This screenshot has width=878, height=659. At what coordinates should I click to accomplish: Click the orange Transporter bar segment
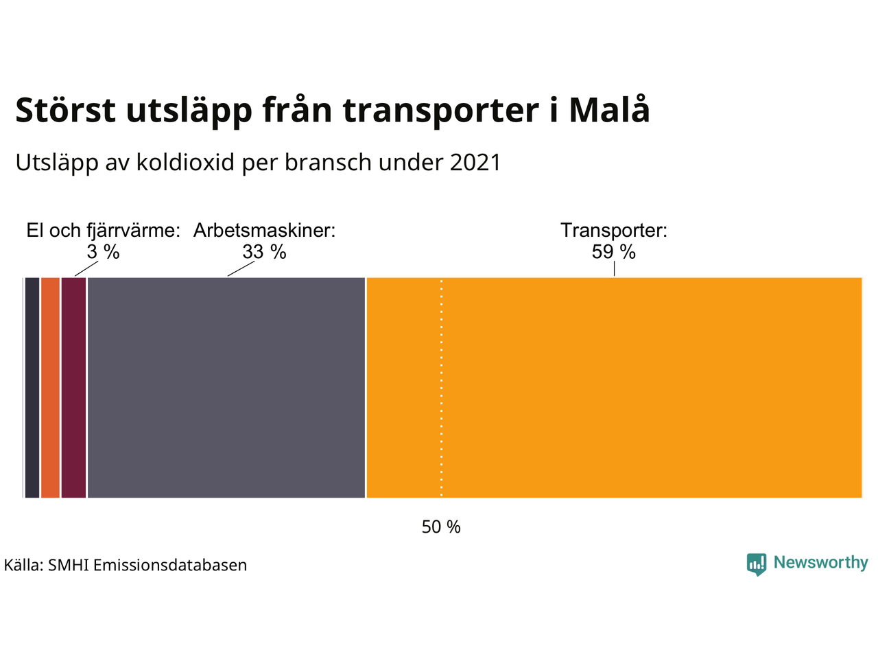tap(614, 388)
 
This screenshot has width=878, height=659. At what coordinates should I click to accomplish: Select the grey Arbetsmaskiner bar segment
tap(226, 388)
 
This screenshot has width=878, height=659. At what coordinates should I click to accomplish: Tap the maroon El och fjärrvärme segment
tap(73, 388)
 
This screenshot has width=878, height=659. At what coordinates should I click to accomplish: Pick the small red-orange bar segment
tap(50, 388)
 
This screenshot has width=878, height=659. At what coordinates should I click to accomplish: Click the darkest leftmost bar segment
tap(32, 388)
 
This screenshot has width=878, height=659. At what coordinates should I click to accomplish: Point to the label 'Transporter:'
tap(614, 231)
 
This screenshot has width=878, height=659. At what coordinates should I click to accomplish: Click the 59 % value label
tap(614, 253)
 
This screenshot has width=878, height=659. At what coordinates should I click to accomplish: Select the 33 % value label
tap(264, 253)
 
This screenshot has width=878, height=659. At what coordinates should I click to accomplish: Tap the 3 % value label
tap(103, 253)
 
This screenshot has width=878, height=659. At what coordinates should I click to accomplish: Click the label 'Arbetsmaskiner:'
tap(264, 231)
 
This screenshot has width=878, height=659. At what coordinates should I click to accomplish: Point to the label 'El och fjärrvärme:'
tap(103, 231)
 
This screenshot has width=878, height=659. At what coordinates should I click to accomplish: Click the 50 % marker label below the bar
tap(441, 527)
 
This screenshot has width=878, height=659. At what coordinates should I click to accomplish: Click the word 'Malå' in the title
tap(609, 111)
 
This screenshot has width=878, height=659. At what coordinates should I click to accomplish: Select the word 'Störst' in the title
tap(66, 111)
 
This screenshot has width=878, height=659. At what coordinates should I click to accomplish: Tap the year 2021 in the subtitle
tap(475, 163)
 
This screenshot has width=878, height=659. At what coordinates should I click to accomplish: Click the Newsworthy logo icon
tap(757, 564)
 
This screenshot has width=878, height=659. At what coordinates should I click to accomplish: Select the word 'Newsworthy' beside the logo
tap(820, 563)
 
